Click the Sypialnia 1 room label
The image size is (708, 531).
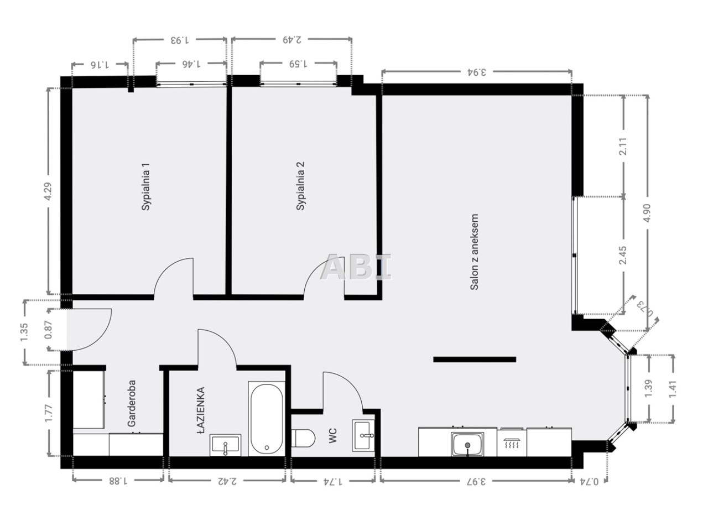click(x=146, y=186)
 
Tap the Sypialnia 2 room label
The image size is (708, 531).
click(x=300, y=186)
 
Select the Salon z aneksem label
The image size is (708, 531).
click(x=474, y=252)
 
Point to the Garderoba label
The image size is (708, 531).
click(x=132, y=403)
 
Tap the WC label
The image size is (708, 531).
click(x=332, y=435)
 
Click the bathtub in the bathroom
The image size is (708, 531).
click(x=267, y=419)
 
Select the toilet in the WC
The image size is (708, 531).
click(x=303, y=438)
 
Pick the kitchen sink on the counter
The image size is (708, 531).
click(x=467, y=444)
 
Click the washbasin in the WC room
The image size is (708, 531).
click(x=363, y=435)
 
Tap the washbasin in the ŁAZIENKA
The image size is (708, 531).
click(x=225, y=445)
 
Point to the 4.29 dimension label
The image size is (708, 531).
click(x=48, y=192)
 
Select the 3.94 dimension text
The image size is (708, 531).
click(x=476, y=71)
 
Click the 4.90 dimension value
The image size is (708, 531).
click(x=647, y=213)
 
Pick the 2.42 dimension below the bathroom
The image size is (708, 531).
click(x=227, y=481)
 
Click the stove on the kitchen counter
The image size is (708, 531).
click(x=512, y=442)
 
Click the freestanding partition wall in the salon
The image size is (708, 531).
click(x=475, y=359)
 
